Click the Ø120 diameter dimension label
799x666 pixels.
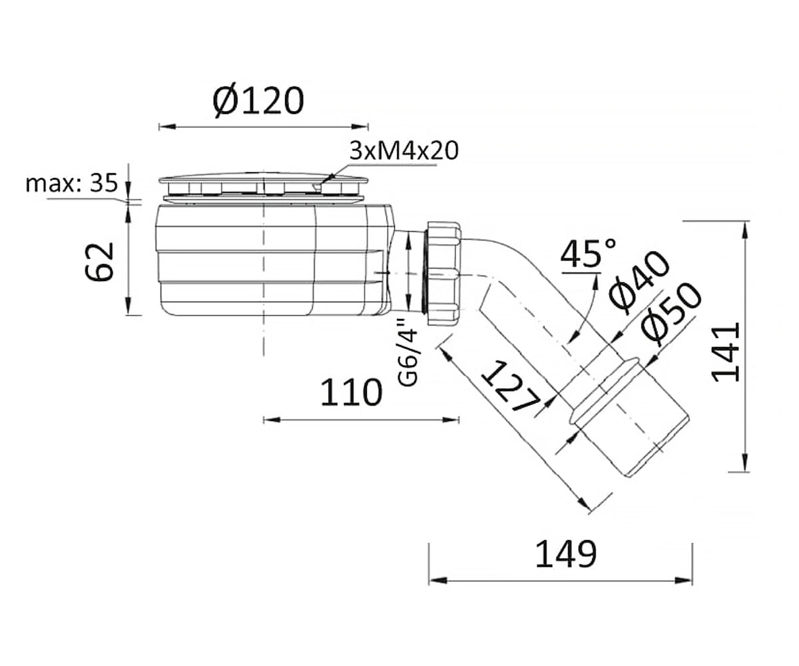pos(258,101)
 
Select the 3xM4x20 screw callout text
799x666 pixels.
pos(404,151)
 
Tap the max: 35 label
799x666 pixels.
pos(71,184)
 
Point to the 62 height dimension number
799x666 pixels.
pos(99,262)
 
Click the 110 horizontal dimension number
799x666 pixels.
pos(352,392)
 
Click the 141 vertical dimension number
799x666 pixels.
pos(726,352)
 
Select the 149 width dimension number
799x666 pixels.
pos(566,554)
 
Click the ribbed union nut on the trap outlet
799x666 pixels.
pos(444,273)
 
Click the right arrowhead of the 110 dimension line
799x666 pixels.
pos(451,420)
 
